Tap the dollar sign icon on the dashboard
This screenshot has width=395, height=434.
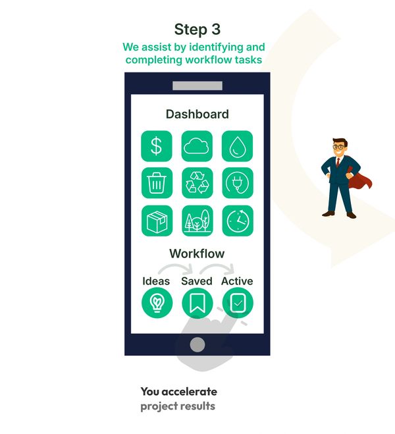tap(157, 146)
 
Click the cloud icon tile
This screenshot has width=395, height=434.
tap(197, 146)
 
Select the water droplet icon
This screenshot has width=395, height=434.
tap(238, 146)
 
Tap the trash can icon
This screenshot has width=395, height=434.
tap(157, 183)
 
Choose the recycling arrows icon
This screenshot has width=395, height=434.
tap(197, 183)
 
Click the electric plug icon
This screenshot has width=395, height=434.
tap(238, 183)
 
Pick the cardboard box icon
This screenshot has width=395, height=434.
tap(157, 221)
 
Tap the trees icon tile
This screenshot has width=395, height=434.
tap(197, 221)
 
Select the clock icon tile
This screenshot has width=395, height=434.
tap(238, 221)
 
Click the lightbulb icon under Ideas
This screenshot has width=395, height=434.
tap(157, 303)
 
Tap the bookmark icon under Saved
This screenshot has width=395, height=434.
tap(197, 303)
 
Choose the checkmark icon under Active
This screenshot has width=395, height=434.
tap(238, 303)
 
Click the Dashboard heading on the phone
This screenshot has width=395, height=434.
tap(197, 114)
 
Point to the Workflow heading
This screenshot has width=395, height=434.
tap(197, 254)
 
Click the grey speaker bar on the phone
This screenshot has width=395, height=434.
tap(197, 86)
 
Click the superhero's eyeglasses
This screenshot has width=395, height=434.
tap(339, 147)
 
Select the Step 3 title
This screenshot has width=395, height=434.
tap(197, 29)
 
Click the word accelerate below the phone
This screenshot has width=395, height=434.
tap(189, 392)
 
